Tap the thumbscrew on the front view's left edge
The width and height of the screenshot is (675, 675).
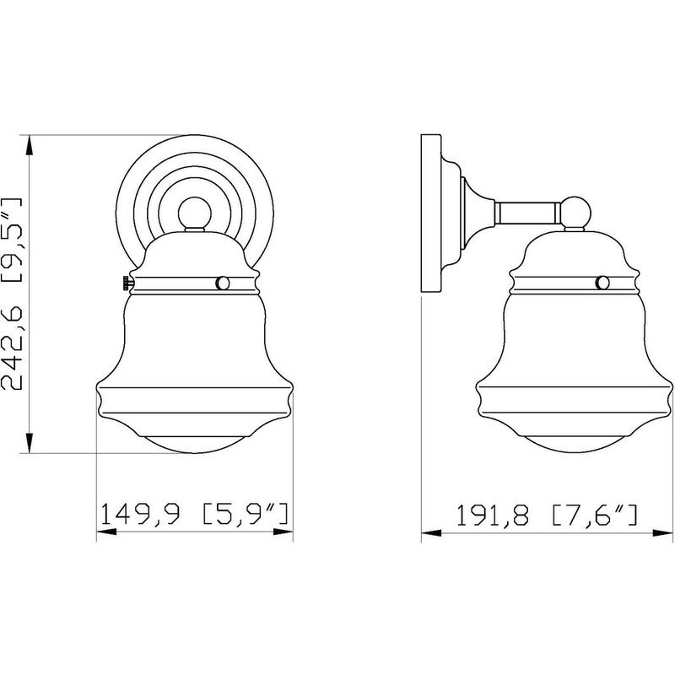point(123,283)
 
